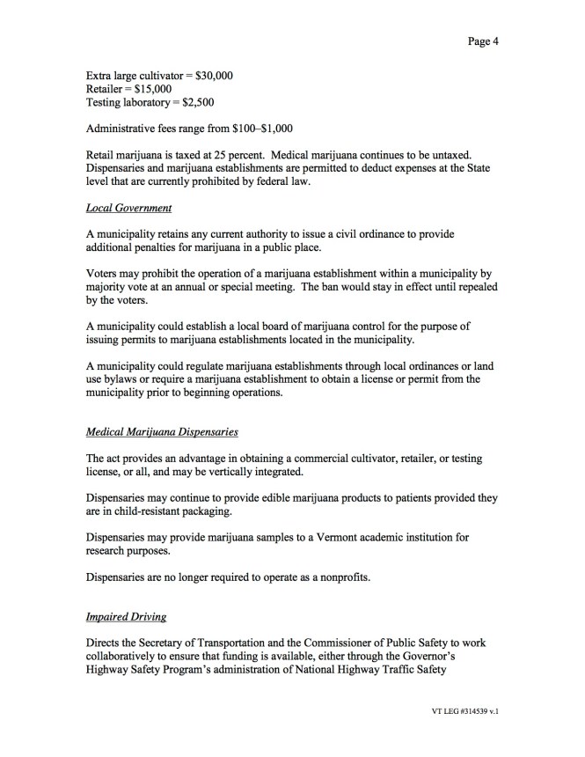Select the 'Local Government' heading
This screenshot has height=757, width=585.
(128, 208)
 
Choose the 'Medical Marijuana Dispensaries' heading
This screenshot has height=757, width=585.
(162, 432)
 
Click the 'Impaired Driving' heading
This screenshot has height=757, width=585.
(126, 617)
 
